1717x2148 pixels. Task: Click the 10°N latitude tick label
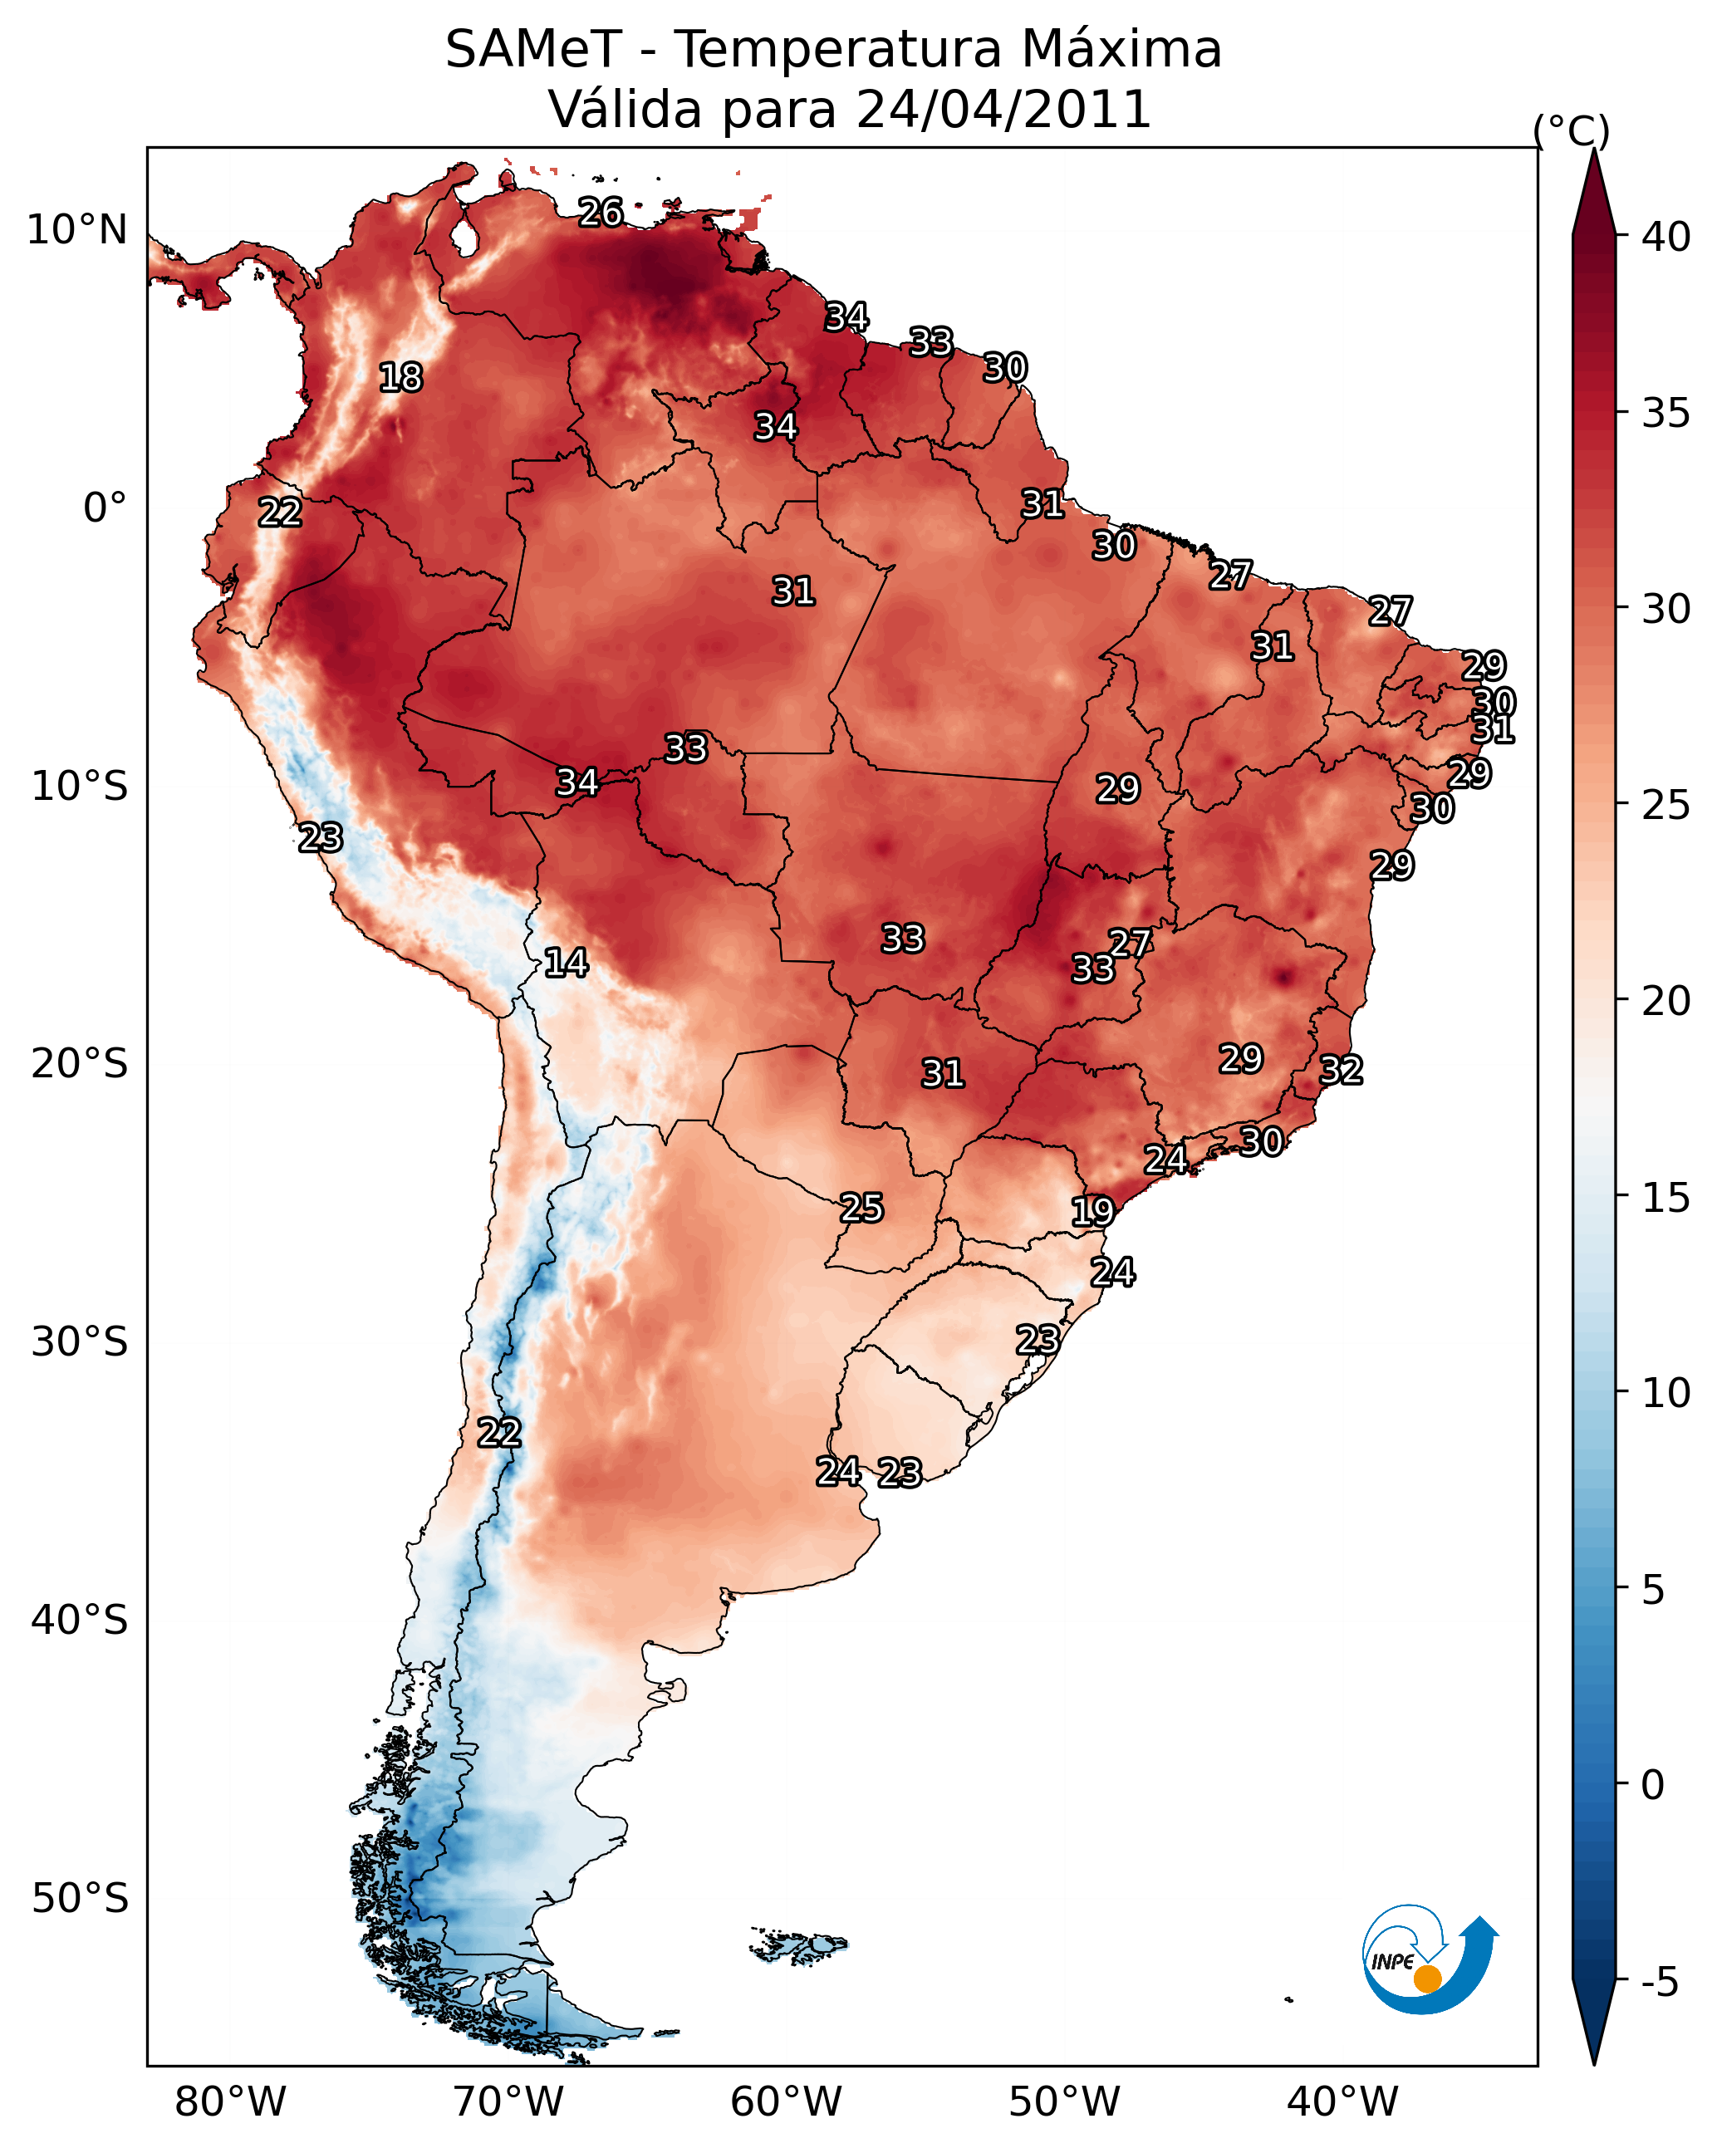pos(76,230)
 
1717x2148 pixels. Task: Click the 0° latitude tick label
pos(105,508)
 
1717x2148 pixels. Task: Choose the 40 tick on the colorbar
pos(1666,237)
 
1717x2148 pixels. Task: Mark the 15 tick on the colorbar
pos(1666,1198)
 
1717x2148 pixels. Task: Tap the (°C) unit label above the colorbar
pos(1572,130)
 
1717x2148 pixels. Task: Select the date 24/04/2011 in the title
pos(1003,109)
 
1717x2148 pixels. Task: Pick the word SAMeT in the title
pos(533,49)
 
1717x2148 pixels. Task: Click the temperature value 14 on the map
pos(566,963)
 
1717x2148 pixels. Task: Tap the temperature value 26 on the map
pos(601,212)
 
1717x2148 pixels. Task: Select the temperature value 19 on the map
pos(1092,1212)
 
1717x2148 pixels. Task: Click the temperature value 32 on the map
pos(1341,1070)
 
